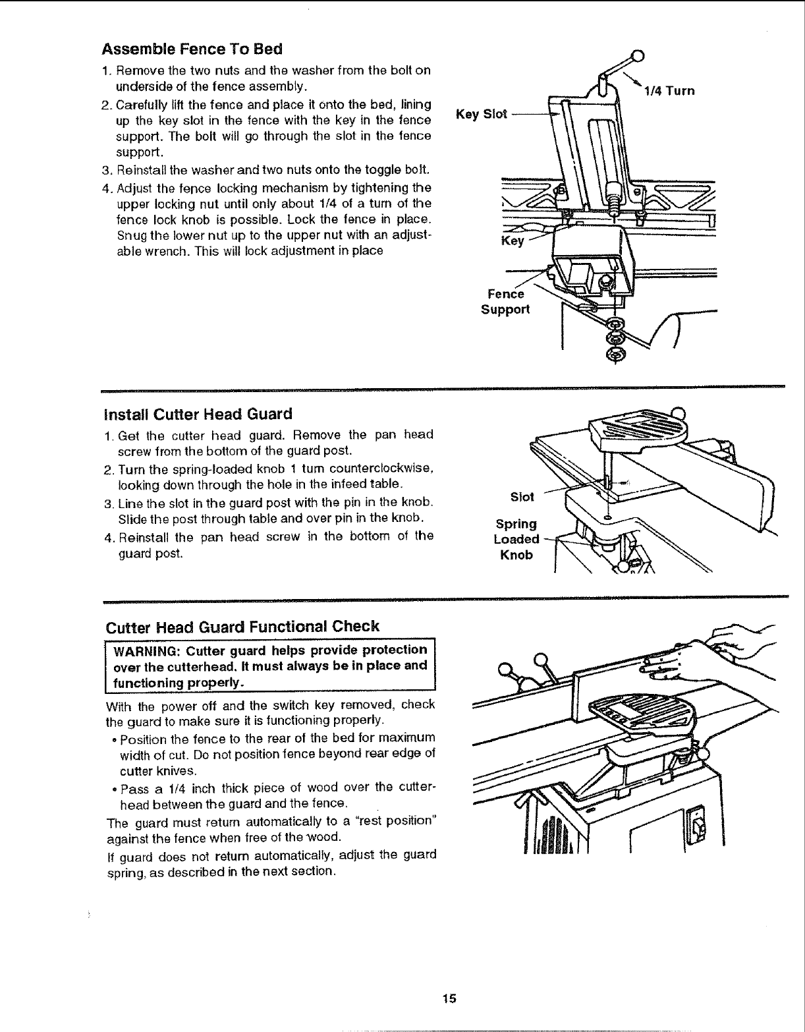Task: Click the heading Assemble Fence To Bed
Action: click(x=192, y=49)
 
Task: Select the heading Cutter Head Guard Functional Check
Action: click(x=242, y=626)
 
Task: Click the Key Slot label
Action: click(x=482, y=114)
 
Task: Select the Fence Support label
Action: click(x=505, y=302)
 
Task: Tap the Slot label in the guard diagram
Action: click(x=522, y=496)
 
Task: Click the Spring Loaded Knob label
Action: click(x=516, y=539)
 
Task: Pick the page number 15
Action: click(x=449, y=998)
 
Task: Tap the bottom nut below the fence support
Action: click(x=617, y=355)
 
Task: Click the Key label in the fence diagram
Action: click(x=513, y=241)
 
